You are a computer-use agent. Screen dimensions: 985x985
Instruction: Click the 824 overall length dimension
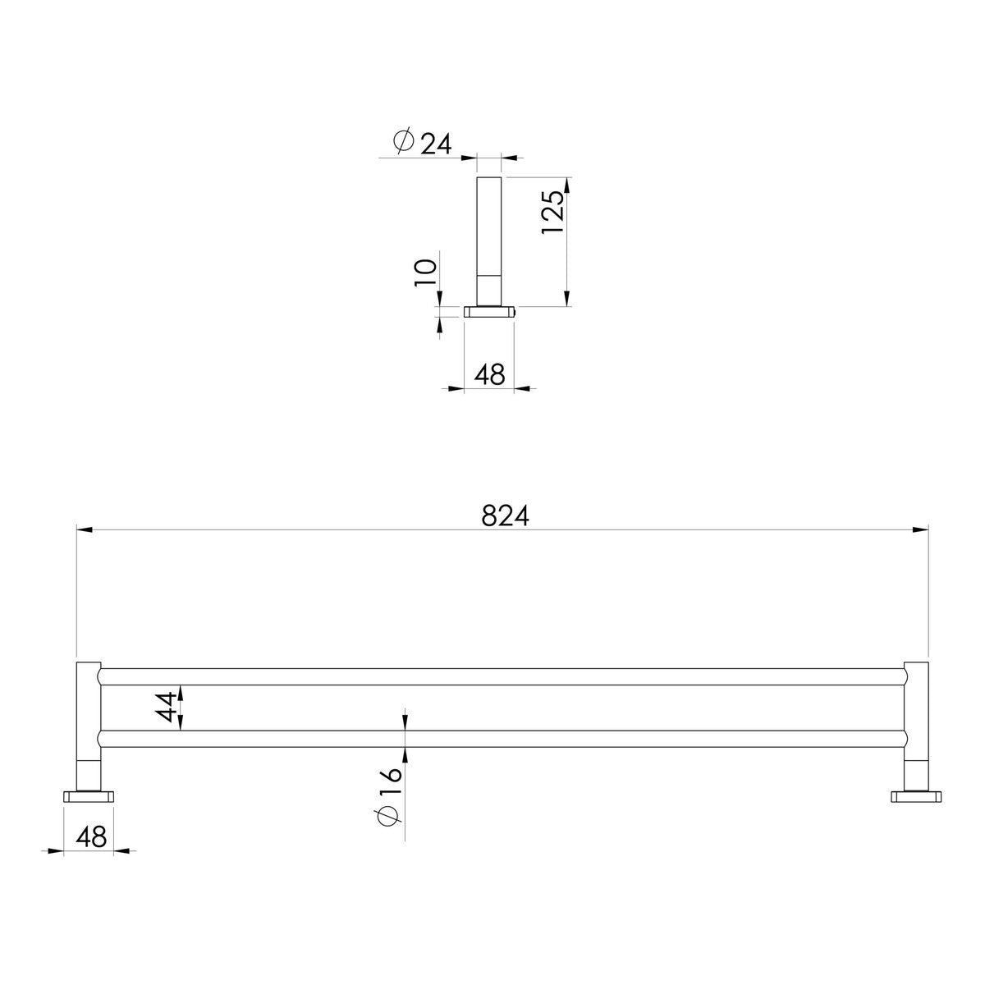pos(505,517)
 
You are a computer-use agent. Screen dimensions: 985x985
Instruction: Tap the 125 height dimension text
pos(552,212)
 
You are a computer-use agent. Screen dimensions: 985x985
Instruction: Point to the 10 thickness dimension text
pos(425,273)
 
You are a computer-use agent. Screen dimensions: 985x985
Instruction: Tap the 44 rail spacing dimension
pos(167,706)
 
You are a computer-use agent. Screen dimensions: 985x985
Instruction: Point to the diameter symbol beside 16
pos(390,817)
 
